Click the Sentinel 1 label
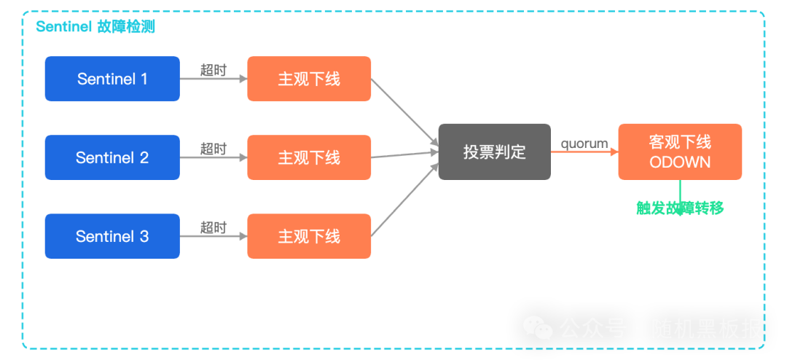(112, 79)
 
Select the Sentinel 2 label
(112, 157)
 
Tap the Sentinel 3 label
(112, 236)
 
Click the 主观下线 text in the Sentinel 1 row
(309, 79)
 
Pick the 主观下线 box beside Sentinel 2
(309, 157)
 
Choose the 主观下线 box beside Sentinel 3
(309, 236)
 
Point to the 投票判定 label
(494, 152)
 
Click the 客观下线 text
(679, 141)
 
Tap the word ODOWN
(679, 162)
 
